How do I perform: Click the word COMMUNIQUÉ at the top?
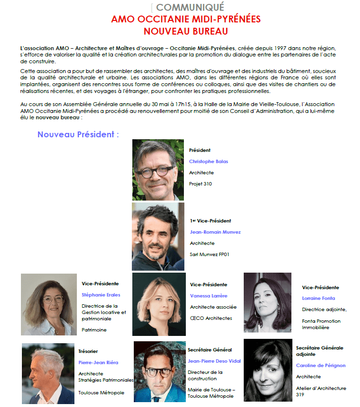click(x=190, y=7)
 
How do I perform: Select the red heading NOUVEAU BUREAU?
click(x=186, y=31)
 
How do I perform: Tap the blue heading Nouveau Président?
click(x=78, y=134)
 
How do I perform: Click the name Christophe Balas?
click(x=208, y=161)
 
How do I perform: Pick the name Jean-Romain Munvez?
click(x=215, y=232)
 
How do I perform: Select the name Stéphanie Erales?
click(x=101, y=295)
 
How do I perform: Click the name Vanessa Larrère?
click(x=208, y=296)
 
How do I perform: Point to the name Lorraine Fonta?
click(x=318, y=298)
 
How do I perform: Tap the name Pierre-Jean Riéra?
click(x=98, y=362)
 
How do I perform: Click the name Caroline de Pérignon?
click(x=321, y=365)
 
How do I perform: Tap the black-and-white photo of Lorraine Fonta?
click(x=267, y=302)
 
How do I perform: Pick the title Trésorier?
click(x=88, y=351)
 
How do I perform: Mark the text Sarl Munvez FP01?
click(x=209, y=254)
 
